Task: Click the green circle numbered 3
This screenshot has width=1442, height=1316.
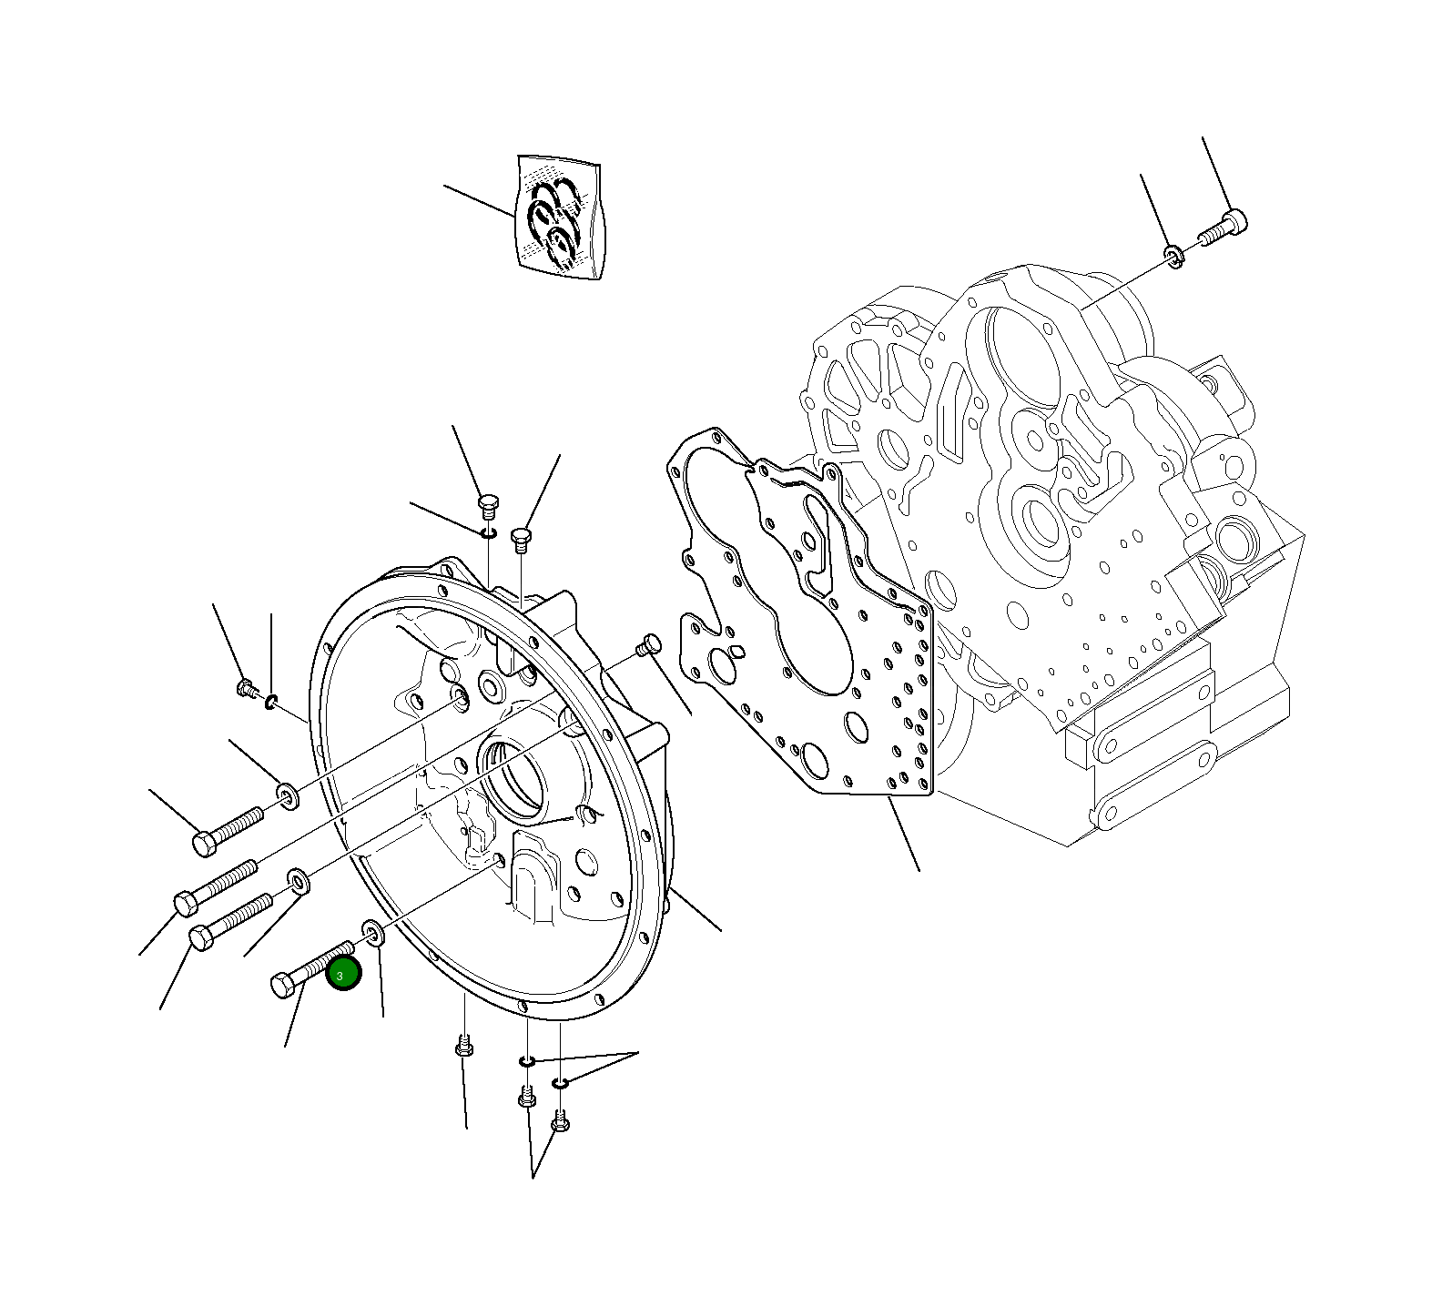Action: click(x=343, y=975)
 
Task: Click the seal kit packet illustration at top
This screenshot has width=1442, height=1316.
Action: click(x=559, y=218)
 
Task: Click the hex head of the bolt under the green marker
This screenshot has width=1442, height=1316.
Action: click(x=283, y=985)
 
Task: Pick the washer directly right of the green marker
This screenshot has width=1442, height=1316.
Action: click(x=373, y=931)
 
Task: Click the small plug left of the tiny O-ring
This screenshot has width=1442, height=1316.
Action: click(x=245, y=689)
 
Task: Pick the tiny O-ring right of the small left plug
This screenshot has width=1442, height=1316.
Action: click(x=271, y=701)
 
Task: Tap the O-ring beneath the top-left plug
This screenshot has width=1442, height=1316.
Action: click(x=489, y=532)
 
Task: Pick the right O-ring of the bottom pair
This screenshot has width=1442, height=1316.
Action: click(x=560, y=1082)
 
